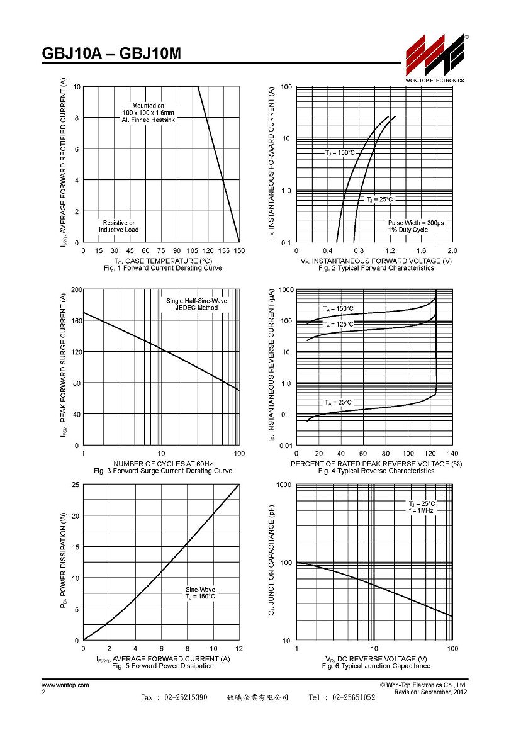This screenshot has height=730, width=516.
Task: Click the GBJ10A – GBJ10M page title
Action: click(x=111, y=53)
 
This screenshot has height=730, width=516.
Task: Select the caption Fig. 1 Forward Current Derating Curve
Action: click(x=163, y=268)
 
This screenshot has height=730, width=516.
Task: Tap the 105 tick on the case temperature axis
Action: click(x=193, y=250)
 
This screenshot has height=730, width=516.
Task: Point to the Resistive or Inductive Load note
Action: click(x=119, y=227)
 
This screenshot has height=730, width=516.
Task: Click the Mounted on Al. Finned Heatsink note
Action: click(x=149, y=113)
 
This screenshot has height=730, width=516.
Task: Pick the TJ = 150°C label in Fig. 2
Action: click(x=340, y=153)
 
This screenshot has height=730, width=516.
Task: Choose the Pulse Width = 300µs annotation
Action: click(x=417, y=223)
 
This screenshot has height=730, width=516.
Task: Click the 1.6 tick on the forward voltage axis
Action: click(x=422, y=250)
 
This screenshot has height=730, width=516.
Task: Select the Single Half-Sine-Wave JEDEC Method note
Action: click(x=196, y=304)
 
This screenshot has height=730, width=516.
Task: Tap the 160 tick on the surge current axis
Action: click(x=76, y=321)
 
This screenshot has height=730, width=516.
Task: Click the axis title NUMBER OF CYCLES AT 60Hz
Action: click(x=163, y=464)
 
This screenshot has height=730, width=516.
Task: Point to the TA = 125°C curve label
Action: click(x=339, y=324)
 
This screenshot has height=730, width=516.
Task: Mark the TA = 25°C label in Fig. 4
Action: click(x=338, y=402)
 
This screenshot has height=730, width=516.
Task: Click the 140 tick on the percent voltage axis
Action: click(x=452, y=454)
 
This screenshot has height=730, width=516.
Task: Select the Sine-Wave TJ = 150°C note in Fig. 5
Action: click(x=200, y=593)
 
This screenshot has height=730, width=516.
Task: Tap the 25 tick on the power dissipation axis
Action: click(x=76, y=485)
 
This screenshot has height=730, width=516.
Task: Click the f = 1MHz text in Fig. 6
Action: click(x=421, y=511)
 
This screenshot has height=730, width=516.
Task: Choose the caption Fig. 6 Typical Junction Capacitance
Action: click(x=376, y=666)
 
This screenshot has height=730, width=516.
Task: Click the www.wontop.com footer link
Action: click(x=65, y=685)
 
